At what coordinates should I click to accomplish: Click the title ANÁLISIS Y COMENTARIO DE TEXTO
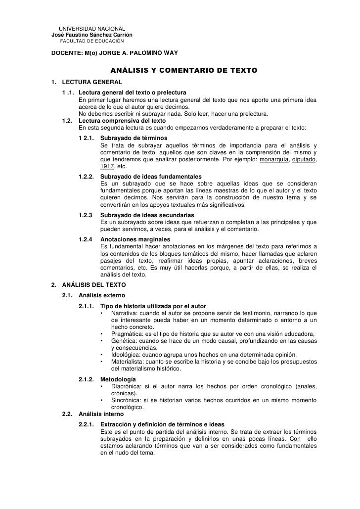point(183,71)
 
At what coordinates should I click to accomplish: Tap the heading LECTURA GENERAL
point(91,82)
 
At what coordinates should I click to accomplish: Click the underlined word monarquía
point(274,160)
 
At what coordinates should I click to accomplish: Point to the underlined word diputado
point(304,160)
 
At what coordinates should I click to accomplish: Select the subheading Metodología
point(120,379)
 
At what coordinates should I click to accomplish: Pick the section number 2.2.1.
point(87,424)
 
